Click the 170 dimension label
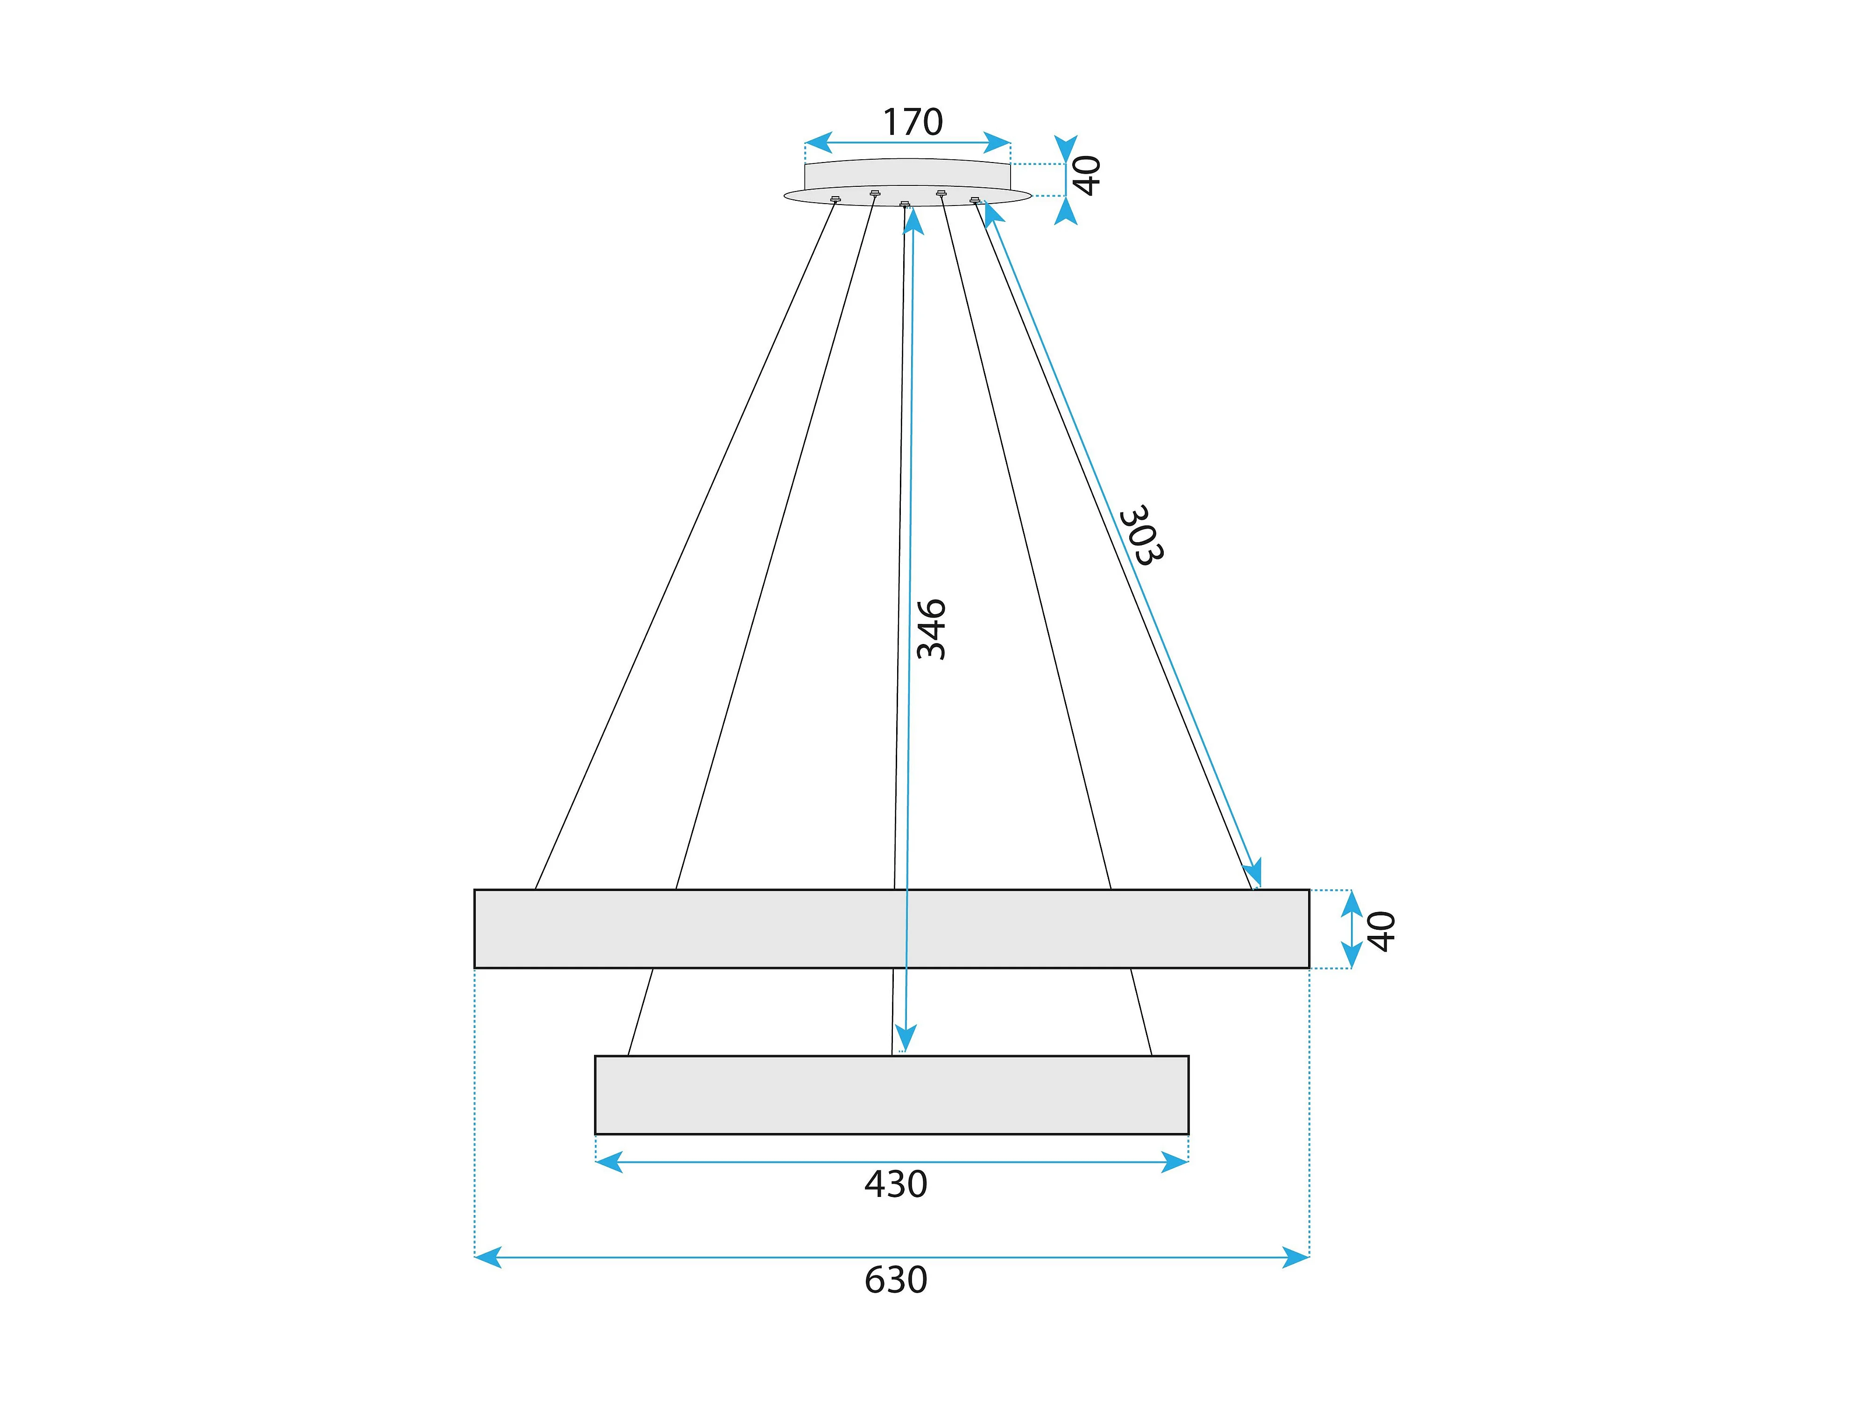(912, 122)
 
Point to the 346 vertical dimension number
(932, 629)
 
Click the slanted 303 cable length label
(1142, 535)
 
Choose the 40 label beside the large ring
(1381, 931)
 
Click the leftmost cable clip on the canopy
(835, 199)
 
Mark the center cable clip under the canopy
(905, 204)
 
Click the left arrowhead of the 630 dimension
(487, 1258)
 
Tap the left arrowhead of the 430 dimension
(608, 1162)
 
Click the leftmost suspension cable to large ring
(684, 545)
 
